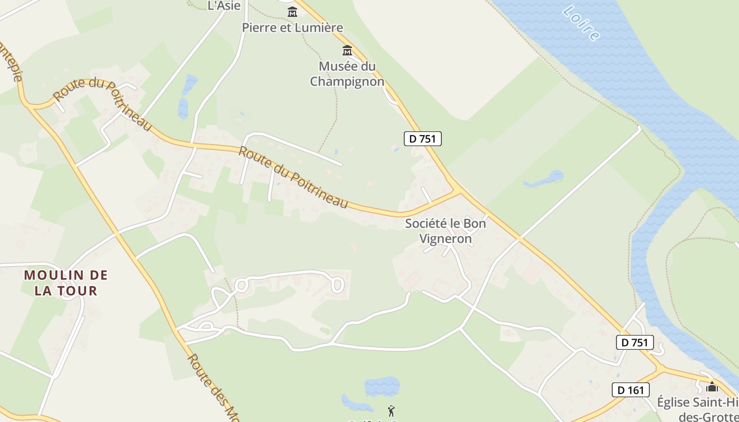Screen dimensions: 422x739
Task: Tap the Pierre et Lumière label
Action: point(292,27)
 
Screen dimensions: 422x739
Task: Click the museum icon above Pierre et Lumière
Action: point(292,11)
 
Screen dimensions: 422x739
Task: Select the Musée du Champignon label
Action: point(347,74)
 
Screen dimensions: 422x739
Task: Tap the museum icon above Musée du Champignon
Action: point(347,51)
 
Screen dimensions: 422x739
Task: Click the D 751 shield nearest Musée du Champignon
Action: point(422,139)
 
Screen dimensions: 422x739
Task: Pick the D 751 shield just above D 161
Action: point(635,342)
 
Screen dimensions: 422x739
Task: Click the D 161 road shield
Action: point(630,390)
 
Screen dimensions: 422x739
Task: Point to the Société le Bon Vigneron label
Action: point(446,231)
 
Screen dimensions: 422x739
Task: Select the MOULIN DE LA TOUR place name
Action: point(66,283)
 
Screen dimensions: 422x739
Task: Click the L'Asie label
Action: point(224,6)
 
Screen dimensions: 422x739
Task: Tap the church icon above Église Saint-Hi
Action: point(712,387)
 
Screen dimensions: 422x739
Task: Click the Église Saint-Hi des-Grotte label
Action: point(697,409)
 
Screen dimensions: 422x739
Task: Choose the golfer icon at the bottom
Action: point(391,410)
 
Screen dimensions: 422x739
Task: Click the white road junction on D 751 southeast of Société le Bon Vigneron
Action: point(519,239)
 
